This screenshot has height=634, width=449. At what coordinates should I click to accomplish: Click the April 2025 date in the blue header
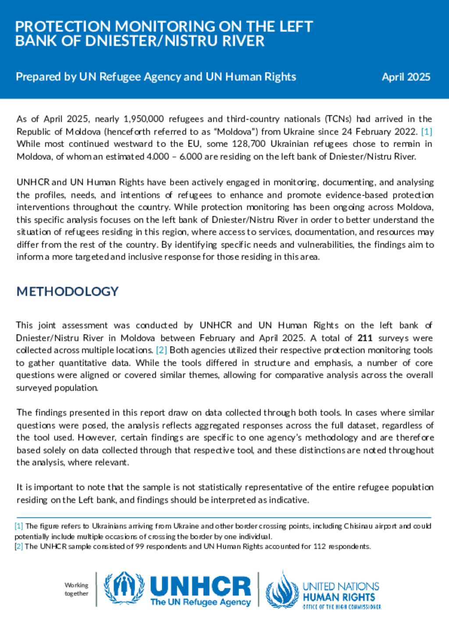[406, 77]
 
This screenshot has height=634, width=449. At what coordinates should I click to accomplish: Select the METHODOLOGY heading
[68, 291]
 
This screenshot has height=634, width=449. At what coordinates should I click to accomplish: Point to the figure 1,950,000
[144, 119]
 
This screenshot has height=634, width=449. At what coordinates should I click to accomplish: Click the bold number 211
[365, 338]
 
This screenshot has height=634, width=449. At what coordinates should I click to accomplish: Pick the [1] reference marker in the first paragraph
[427, 131]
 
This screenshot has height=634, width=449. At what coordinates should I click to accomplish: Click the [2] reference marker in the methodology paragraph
[161, 350]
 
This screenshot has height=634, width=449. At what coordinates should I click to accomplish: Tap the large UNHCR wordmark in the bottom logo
[200, 586]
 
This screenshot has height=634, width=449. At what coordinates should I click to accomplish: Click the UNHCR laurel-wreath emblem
[124, 588]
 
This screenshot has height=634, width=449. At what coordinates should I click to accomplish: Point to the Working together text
[76, 589]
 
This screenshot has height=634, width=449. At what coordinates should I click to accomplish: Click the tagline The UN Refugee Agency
[200, 602]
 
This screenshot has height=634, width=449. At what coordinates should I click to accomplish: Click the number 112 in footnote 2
[320, 546]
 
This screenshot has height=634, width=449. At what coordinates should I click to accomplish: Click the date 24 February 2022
[381, 131]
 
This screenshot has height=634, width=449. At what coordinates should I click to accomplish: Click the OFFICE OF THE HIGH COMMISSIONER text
[342, 607]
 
